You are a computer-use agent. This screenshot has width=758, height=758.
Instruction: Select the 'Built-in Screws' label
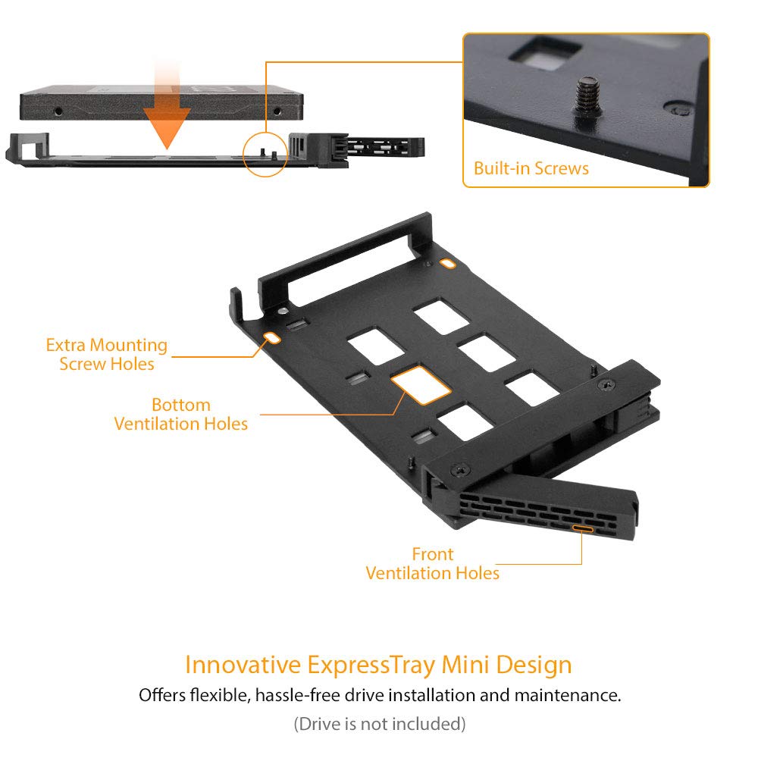(531, 168)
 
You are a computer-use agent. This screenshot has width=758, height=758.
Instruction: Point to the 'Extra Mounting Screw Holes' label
(106, 354)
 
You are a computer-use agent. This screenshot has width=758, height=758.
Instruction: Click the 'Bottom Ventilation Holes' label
(181, 414)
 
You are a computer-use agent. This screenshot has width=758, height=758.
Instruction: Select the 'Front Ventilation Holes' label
(433, 563)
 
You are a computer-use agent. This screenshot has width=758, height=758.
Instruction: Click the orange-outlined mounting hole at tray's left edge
(269, 337)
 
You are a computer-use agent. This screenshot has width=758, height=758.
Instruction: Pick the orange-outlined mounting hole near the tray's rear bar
(449, 264)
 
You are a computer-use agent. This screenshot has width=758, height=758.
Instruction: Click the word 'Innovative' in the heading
(243, 665)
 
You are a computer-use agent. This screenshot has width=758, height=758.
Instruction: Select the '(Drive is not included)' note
(379, 724)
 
